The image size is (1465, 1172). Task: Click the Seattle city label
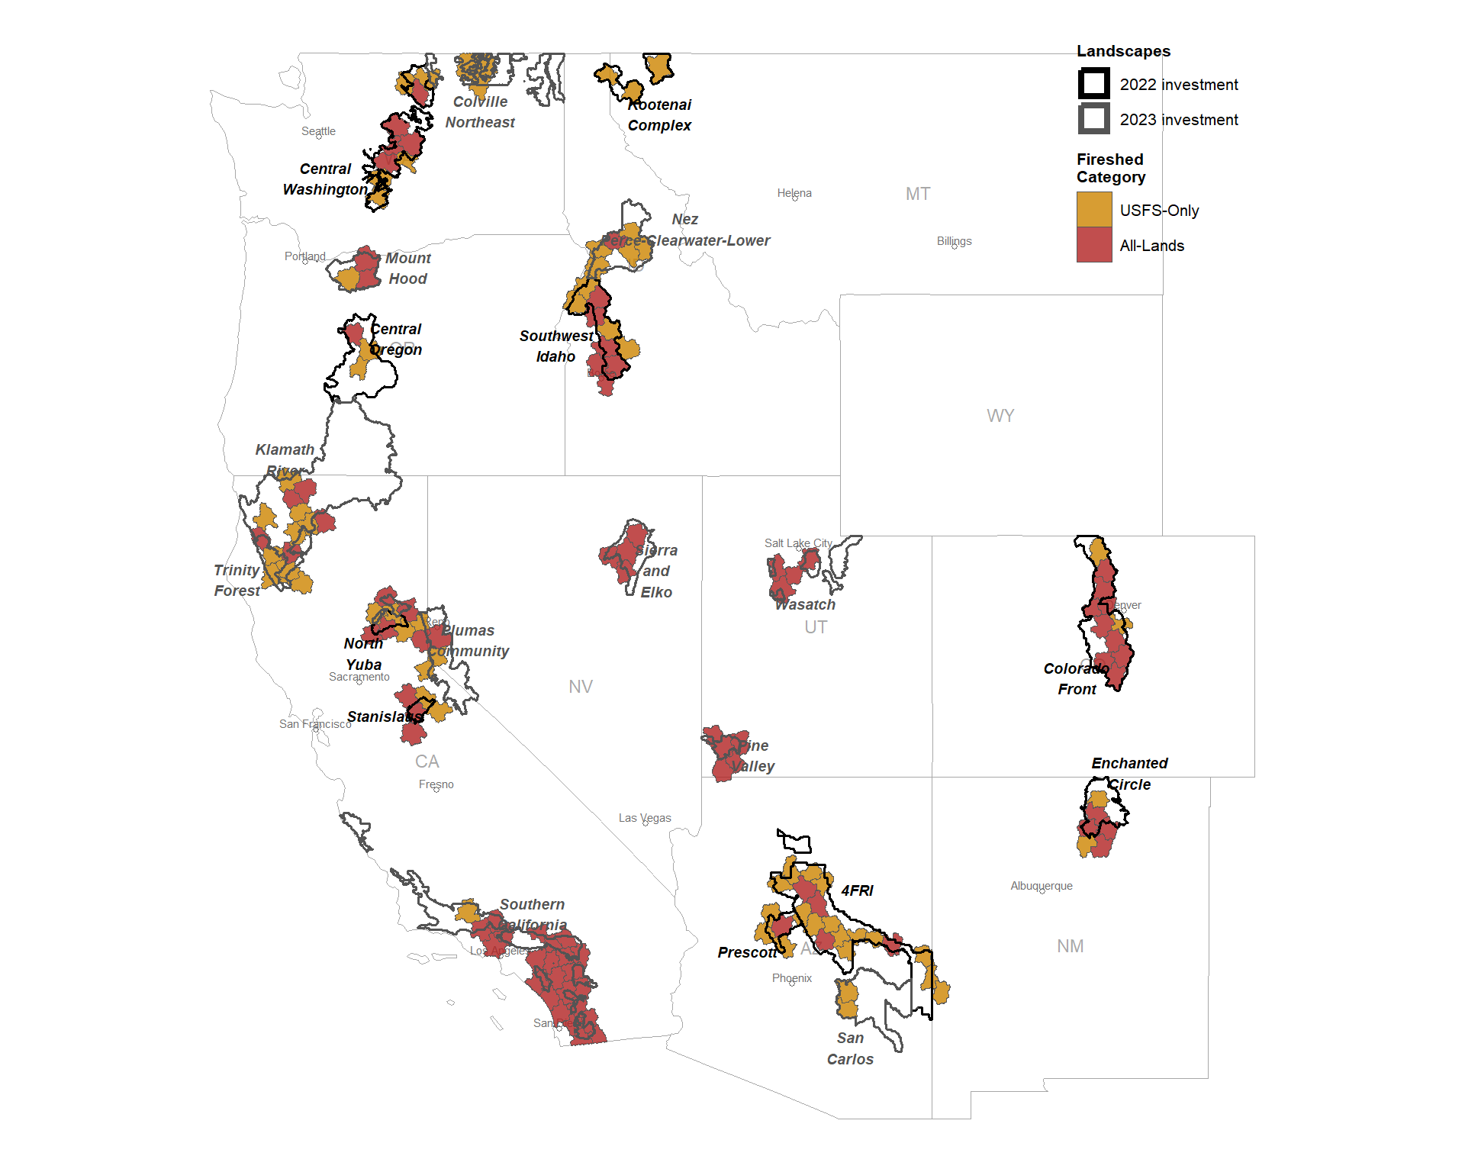point(318,131)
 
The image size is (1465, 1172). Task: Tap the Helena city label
point(794,193)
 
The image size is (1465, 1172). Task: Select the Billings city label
point(954,241)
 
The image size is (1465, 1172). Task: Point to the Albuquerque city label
point(1041,886)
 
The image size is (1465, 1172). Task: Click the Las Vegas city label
point(645,818)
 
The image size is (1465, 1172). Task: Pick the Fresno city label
point(436,784)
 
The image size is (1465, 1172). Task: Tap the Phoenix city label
point(791,978)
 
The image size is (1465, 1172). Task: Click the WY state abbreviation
point(1000,416)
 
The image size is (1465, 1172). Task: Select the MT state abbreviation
point(917,194)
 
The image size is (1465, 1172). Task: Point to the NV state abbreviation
point(580,687)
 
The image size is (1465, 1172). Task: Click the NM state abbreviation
point(1070,946)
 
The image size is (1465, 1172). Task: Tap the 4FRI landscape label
point(857,890)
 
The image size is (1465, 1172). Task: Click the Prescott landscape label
point(747,952)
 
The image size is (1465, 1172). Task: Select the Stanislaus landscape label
point(385,716)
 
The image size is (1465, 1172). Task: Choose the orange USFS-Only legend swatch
point(1093,210)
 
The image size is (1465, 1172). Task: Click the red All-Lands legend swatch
point(1093,245)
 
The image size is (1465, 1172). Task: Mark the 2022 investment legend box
point(1093,84)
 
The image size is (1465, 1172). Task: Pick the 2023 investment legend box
point(1093,119)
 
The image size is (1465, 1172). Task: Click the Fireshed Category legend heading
point(1110,168)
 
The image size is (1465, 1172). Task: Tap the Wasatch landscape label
point(805,604)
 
